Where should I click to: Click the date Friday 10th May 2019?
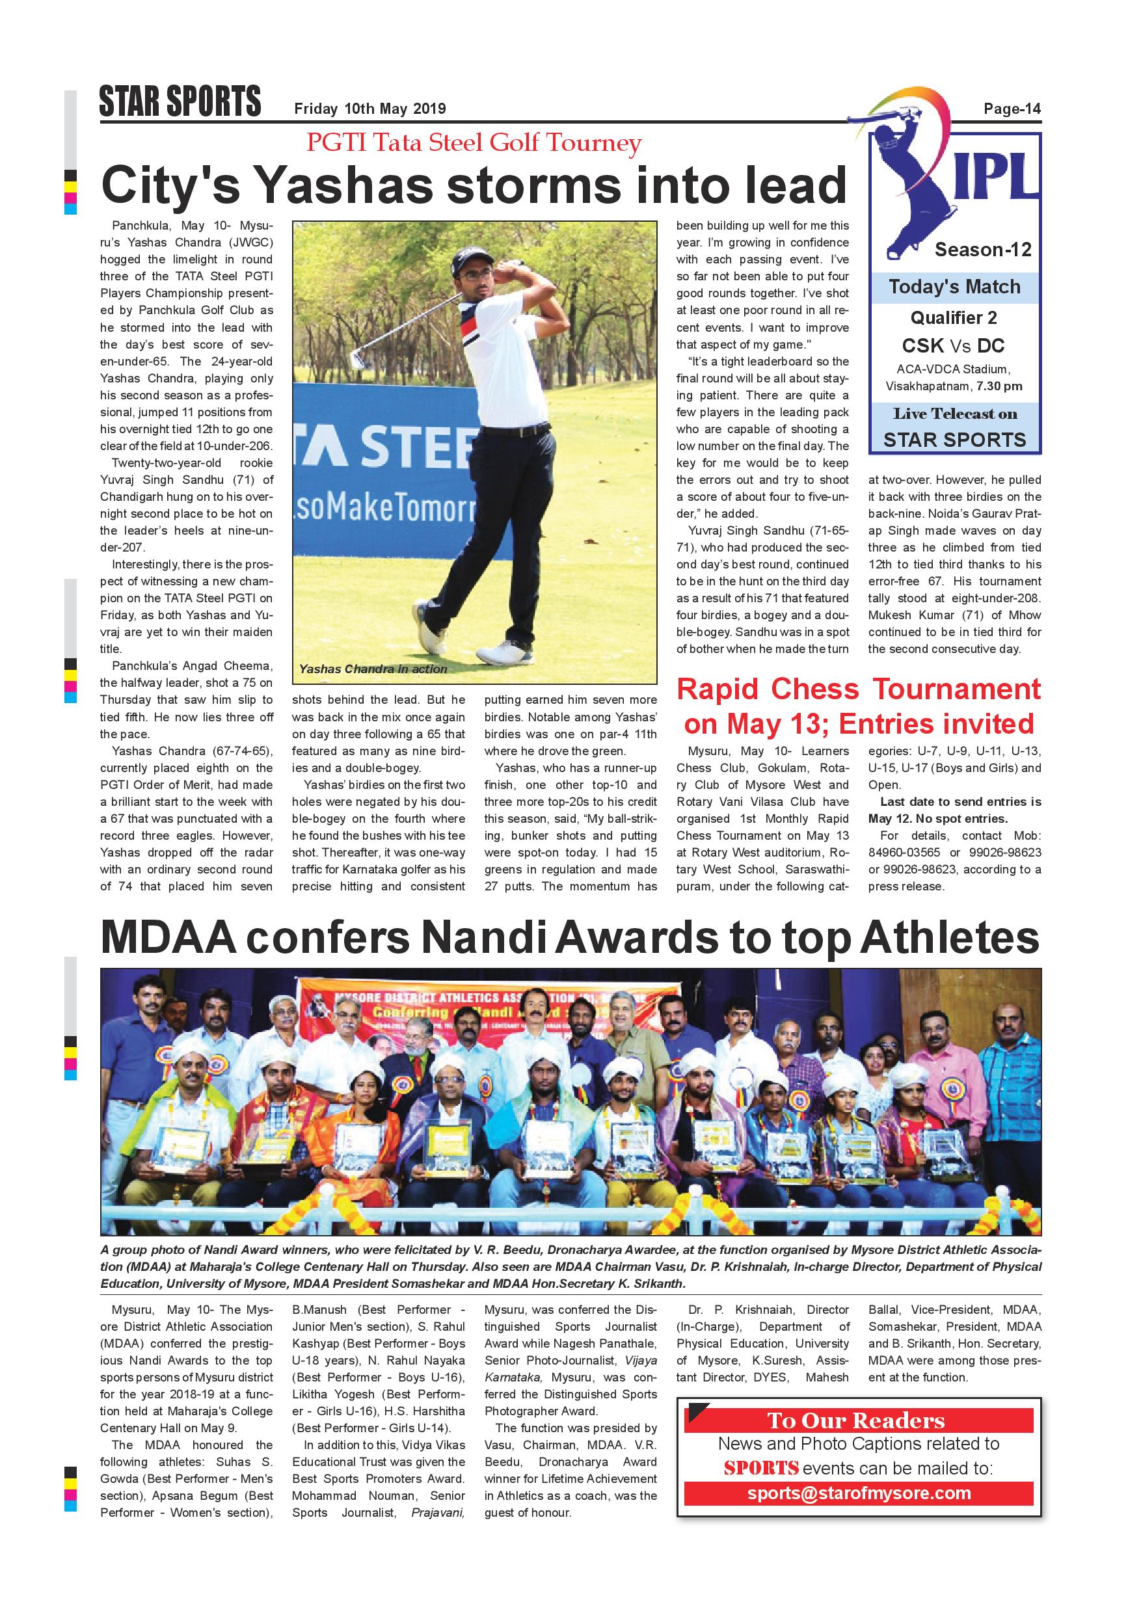(369, 109)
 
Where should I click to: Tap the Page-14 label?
(1012, 109)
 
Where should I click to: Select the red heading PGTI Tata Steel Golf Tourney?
(474, 142)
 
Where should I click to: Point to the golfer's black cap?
(469, 256)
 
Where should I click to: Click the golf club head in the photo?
(358, 358)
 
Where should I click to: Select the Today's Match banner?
(954, 287)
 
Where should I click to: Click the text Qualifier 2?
(954, 318)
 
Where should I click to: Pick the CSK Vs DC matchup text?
(954, 345)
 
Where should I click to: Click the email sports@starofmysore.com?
(859, 1493)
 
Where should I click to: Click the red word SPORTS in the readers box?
(761, 1468)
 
